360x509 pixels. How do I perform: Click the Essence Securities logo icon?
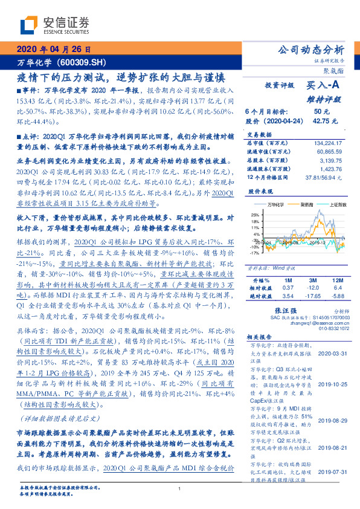click(x=29, y=25)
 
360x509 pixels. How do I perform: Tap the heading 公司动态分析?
click(x=310, y=50)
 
